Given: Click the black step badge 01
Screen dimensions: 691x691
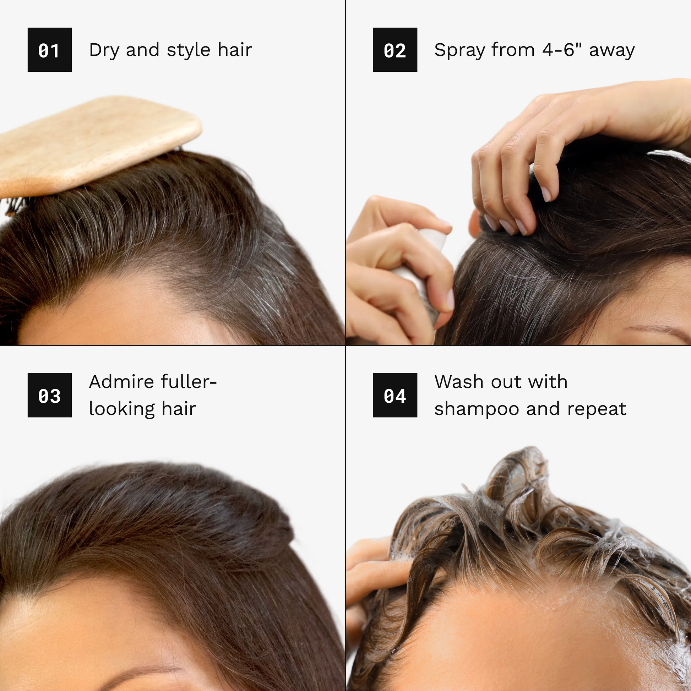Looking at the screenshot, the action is (50, 50).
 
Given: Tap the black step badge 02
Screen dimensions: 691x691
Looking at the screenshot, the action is (395, 50).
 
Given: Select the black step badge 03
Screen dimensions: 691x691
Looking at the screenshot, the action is (50, 395).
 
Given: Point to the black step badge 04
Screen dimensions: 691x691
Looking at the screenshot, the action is (395, 395).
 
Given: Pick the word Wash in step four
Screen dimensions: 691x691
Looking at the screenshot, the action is (459, 382).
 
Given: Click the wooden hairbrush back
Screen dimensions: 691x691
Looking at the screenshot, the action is (97, 145).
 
